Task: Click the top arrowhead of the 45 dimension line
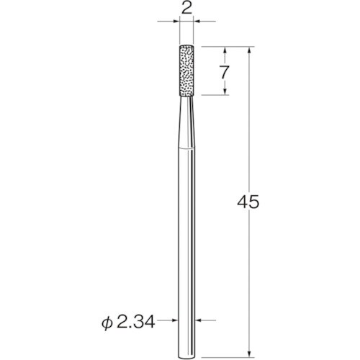pos(248,50)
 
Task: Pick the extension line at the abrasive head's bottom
pos(213,95)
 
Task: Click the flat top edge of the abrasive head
pos(186,47)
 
